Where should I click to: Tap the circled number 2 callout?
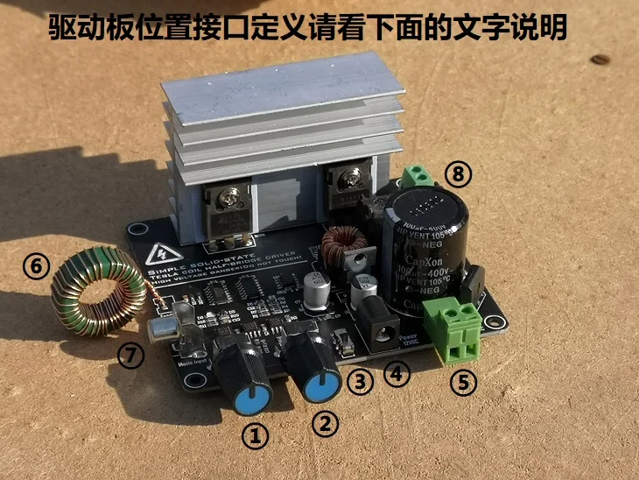[325, 424]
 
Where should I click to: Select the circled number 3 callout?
[358, 380]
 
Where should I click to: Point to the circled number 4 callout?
[397, 375]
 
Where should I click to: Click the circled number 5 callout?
[462, 381]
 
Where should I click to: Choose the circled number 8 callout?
[459, 174]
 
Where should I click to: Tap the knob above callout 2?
[312, 358]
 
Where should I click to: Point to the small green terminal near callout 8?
[418, 176]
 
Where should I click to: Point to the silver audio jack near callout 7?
[162, 328]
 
